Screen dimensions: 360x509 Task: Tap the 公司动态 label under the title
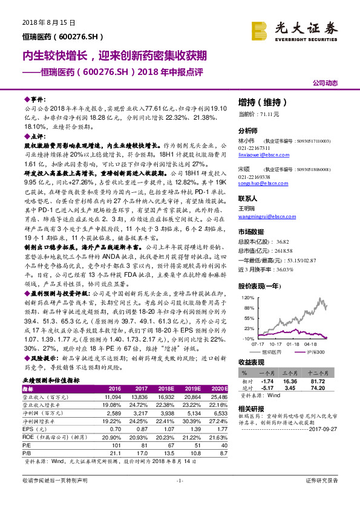coord(325,82)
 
